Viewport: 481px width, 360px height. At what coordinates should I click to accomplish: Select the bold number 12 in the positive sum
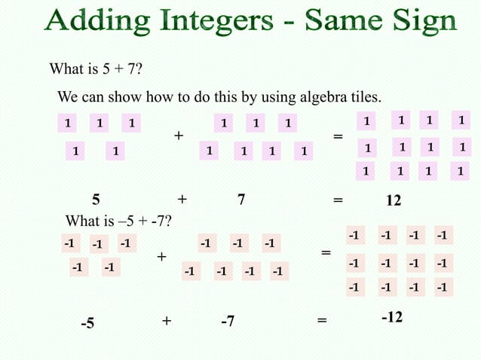coord(393,202)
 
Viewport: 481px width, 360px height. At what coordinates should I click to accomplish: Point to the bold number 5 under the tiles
coord(96,200)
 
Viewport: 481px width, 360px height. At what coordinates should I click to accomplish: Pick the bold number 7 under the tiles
coord(240,200)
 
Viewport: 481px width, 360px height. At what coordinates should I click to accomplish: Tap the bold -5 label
coord(88,323)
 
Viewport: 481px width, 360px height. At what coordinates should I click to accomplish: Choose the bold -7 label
coord(227,322)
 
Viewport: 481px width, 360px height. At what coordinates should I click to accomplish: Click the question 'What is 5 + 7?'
coord(97,71)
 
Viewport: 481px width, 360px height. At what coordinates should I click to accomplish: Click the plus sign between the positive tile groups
coord(179,136)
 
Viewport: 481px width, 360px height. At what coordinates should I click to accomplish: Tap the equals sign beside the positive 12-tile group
coord(337,137)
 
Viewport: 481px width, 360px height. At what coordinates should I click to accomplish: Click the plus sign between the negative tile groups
coord(161,258)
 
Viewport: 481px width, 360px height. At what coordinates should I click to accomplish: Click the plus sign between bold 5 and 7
coord(182,200)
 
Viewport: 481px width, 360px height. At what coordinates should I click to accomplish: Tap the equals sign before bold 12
coord(337,200)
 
